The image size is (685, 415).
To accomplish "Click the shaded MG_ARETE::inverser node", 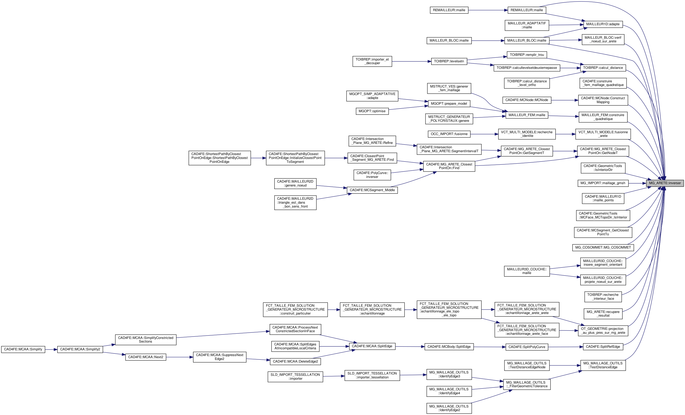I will click(665, 183).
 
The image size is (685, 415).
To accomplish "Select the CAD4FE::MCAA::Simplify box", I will click(23, 349).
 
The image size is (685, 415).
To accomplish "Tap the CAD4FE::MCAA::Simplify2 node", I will click(80, 349).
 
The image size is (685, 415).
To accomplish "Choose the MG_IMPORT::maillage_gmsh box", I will click(603, 183).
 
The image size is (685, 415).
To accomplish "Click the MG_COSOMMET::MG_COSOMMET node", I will click(603, 247).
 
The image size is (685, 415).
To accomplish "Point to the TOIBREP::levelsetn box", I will click(449, 62).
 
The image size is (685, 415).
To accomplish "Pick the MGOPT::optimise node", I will click(372, 111).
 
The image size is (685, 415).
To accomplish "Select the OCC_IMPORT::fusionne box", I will click(449, 134).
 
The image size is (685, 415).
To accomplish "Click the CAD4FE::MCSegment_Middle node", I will click(372, 190).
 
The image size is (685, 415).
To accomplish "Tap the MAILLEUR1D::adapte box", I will click(603, 24).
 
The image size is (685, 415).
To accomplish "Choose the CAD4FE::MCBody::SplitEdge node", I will click(449, 347).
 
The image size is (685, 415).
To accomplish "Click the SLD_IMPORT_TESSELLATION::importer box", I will click(295, 377).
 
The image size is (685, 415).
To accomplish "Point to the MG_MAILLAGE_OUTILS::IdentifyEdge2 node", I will click(449, 408).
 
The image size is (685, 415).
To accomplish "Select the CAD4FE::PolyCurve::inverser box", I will click(372, 175).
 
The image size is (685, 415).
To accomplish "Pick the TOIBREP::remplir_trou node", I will click(527, 55).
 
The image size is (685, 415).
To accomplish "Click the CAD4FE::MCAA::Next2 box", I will click(146, 357).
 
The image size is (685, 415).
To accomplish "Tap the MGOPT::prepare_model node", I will click(449, 104).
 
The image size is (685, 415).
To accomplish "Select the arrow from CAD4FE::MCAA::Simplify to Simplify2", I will click(51, 349).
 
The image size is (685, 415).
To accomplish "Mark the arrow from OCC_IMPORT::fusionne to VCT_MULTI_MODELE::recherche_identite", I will click(484, 134).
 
